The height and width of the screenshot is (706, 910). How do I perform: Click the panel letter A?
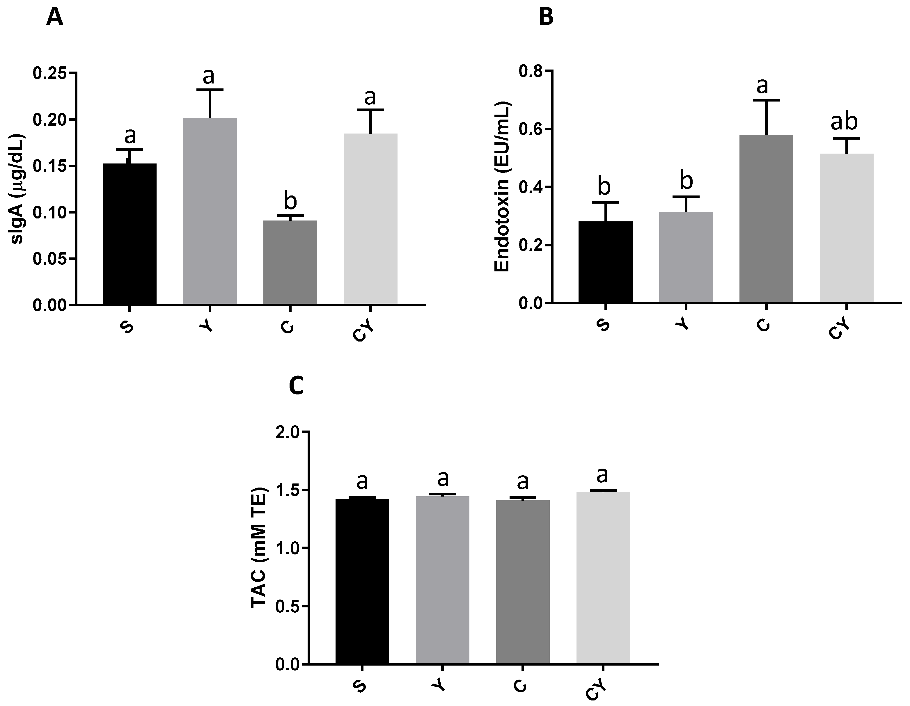(x=55, y=18)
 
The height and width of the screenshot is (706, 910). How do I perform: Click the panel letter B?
(x=546, y=18)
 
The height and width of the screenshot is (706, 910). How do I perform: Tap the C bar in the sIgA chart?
(x=290, y=262)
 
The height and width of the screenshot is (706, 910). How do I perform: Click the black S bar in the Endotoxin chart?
(x=605, y=262)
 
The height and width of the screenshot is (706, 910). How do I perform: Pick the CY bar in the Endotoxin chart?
(x=847, y=228)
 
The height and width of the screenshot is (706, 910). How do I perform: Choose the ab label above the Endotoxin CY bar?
(x=844, y=122)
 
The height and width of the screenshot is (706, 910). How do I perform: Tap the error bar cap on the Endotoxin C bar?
(x=766, y=100)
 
